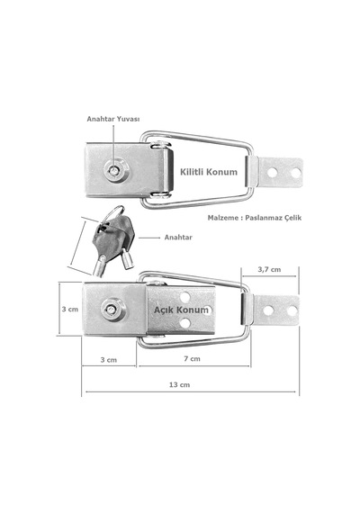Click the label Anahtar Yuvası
tap(113, 119)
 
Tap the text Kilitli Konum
tap(209, 172)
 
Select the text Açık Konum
tap(181, 310)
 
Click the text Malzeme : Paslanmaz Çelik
tap(255, 218)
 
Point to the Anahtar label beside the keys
tap(178, 238)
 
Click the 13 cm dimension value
tap(179, 385)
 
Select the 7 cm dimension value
tap(192, 358)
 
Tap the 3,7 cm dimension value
tap(269, 270)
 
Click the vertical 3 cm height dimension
tap(70, 310)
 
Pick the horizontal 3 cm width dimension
tap(109, 360)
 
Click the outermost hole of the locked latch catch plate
tap(295, 173)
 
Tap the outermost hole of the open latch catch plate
tap(292, 310)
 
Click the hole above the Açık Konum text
tap(184, 297)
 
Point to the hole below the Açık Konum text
tap(184, 324)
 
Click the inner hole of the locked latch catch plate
tap(272, 173)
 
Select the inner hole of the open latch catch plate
tap(268, 310)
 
